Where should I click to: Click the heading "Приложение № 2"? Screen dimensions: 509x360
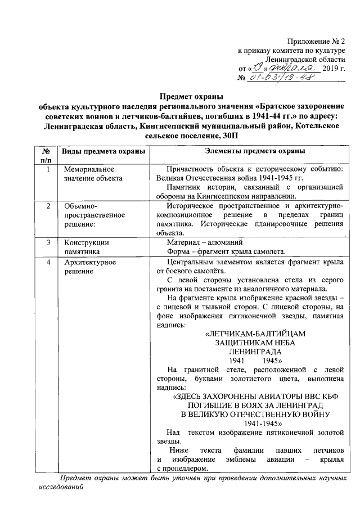(x=315, y=41)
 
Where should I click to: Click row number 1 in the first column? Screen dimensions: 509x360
(x=48, y=169)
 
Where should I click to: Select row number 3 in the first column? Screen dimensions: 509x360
(x=49, y=242)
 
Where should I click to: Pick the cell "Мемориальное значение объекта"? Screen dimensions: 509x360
(x=90, y=173)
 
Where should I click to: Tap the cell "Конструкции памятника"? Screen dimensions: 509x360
(x=86, y=247)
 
